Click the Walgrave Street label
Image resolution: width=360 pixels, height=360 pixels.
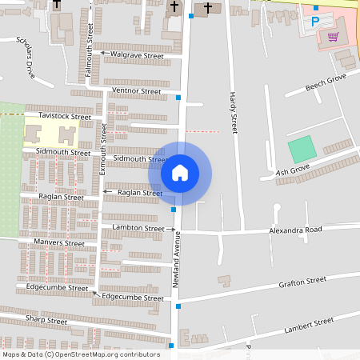coord(137,55)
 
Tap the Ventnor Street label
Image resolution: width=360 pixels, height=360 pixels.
coord(137,91)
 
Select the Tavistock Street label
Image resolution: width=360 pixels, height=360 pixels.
coord(65,116)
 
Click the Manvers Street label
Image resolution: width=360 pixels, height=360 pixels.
coord(58,242)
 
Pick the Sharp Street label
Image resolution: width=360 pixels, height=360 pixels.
coord(46,320)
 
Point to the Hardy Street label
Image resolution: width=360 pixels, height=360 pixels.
coord(234,112)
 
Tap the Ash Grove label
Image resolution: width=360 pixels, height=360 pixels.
coord(293,171)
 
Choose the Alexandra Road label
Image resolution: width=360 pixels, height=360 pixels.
coord(294,230)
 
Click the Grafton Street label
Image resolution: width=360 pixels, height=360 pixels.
coord(302,282)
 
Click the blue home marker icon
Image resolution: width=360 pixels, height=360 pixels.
coord(180,173)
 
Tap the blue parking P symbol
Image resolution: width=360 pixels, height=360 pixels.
coord(315,22)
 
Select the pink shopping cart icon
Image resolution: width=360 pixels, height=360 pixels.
coord(333,36)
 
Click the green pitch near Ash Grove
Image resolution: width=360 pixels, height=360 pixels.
coord(302,149)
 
